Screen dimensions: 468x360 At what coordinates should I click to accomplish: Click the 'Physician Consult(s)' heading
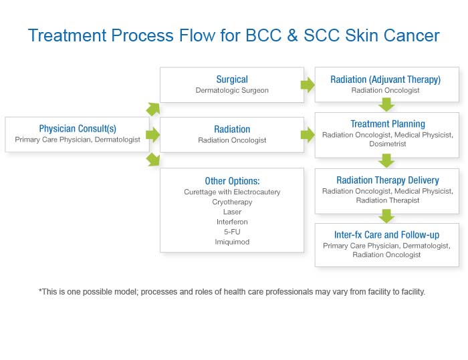[78, 128]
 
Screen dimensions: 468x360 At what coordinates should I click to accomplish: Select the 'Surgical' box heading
[232, 79]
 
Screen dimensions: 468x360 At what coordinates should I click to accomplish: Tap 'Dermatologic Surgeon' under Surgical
[232, 90]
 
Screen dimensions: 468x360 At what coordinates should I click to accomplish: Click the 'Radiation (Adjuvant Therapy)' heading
[385, 79]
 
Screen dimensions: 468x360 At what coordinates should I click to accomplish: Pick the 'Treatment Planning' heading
[388, 124]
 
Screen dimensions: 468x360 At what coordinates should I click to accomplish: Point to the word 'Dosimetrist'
[388, 144]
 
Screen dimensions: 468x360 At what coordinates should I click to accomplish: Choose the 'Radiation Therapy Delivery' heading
[388, 180]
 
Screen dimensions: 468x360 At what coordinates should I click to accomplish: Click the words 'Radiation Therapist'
[388, 200]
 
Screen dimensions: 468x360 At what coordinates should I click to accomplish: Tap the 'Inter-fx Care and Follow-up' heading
[386, 234]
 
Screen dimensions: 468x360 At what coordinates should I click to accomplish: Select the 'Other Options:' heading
[232, 181]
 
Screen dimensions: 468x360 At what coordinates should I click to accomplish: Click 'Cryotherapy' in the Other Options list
[232, 202]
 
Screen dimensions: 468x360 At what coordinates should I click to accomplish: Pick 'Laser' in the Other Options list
[232, 212]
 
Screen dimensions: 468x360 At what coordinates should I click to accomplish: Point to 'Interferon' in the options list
[232, 222]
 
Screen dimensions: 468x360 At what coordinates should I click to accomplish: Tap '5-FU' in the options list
[232, 232]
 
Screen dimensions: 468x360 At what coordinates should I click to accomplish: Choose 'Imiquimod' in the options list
[232, 242]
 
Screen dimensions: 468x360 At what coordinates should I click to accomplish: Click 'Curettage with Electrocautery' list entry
[232, 192]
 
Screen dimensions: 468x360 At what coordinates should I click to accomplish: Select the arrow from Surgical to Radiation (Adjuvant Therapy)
[308, 85]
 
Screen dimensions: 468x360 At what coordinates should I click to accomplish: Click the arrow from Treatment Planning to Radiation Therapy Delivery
[386, 160]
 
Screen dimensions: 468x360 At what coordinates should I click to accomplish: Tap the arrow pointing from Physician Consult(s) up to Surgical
[153, 109]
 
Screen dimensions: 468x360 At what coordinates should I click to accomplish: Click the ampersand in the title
[293, 35]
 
